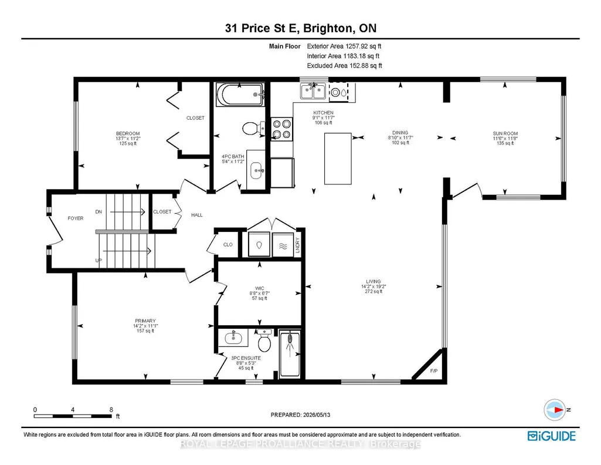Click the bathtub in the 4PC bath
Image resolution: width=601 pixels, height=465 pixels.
(240, 95)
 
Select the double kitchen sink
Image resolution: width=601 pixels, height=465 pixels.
(313, 92)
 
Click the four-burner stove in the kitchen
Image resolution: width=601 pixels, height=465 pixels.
(281, 129)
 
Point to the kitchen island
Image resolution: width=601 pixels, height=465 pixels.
(338, 159)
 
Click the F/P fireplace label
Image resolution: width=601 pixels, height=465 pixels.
(433, 371)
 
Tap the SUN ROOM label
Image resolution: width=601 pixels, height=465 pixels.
(505, 133)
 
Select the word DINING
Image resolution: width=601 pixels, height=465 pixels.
(400, 133)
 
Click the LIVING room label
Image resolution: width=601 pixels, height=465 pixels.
(373, 281)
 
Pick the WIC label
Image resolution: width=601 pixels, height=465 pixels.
(260, 288)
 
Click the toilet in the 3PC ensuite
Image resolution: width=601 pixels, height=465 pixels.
(264, 341)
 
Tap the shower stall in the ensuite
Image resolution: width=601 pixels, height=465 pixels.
(290, 353)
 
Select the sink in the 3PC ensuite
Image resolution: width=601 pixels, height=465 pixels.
(233, 338)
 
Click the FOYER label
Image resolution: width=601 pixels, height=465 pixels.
(76, 218)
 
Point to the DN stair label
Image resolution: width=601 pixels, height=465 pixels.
(99, 212)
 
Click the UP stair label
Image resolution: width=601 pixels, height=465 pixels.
(99, 261)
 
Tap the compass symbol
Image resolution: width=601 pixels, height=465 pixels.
(555, 410)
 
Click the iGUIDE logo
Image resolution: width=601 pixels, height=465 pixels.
(552, 436)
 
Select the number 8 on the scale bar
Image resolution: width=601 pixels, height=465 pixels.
(111, 410)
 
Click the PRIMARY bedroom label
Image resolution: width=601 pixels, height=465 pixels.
(145, 321)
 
